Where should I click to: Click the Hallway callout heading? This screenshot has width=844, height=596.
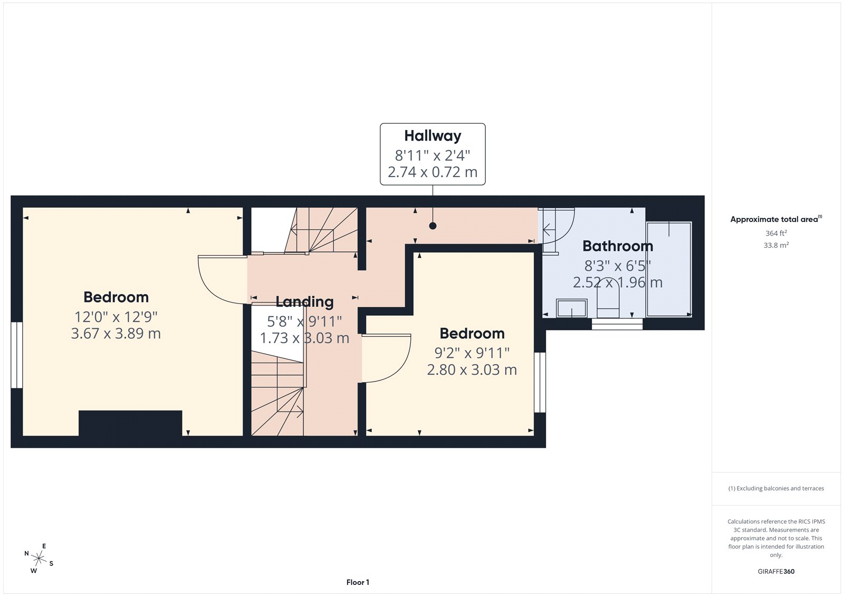(x=433, y=136)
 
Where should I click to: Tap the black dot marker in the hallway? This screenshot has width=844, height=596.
(x=433, y=226)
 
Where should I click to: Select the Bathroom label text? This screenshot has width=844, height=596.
(x=618, y=246)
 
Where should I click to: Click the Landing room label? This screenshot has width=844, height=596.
(x=304, y=302)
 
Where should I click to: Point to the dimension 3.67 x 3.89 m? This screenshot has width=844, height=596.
(x=116, y=334)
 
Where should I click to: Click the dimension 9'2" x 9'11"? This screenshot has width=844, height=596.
(x=472, y=353)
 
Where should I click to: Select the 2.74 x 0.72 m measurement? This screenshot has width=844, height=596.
(x=433, y=172)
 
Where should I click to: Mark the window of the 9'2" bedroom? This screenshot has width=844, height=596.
(x=540, y=382)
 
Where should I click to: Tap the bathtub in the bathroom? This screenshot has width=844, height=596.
(x=669, y=269)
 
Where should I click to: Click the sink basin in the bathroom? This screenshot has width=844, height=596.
(x=572, y=308)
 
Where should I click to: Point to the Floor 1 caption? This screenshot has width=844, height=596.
(x=358, y=582)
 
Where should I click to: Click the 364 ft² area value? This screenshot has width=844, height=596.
(x=775, y=233)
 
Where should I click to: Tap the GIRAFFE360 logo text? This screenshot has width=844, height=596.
(x=775, y=571)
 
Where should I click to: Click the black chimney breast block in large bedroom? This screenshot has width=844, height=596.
(x=130, y=423)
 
